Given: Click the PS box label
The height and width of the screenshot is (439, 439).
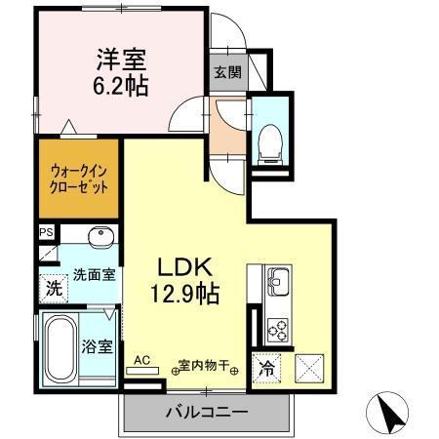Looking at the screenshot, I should pyautogui.click(x=45, y=232).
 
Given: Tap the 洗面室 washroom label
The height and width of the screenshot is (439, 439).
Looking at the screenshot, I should pyautogui.click(x=93, y=274).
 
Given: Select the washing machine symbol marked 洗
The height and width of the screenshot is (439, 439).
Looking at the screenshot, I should pyautogui.click(x=54, y=289).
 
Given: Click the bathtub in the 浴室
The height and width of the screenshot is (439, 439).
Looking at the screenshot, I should pyautogui.click(x=60, y=352).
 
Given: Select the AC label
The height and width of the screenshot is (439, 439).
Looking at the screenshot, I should pyautogui.click(x=142, y=360).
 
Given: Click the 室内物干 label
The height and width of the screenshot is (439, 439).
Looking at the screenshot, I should pyautogui.click(x=203, y=367).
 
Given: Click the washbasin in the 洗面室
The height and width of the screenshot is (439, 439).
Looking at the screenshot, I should pyautogui.click(x=99, y=239).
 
